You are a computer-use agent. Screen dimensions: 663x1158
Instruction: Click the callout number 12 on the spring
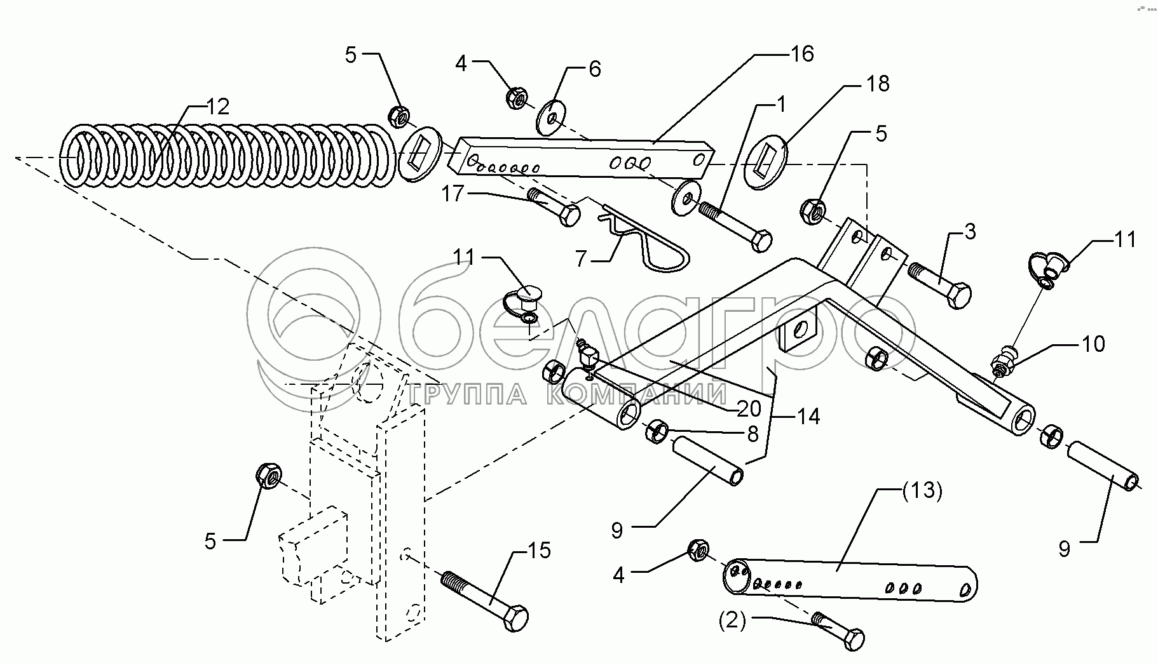click(217, 106)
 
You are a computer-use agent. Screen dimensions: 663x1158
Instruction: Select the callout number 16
click(803, 54)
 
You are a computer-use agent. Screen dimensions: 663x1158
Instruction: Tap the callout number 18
click(878, 83)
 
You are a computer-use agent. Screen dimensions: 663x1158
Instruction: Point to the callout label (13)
click(922, 492)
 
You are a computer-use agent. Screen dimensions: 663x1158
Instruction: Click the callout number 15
click(539, 550)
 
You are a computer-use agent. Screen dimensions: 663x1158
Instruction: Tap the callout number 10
click(1093, 344)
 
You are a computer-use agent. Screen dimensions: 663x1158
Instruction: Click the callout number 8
click(753, 434)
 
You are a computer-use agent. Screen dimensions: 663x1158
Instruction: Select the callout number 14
click(808, 416)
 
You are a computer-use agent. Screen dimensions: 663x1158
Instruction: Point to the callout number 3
click(970, 232)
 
